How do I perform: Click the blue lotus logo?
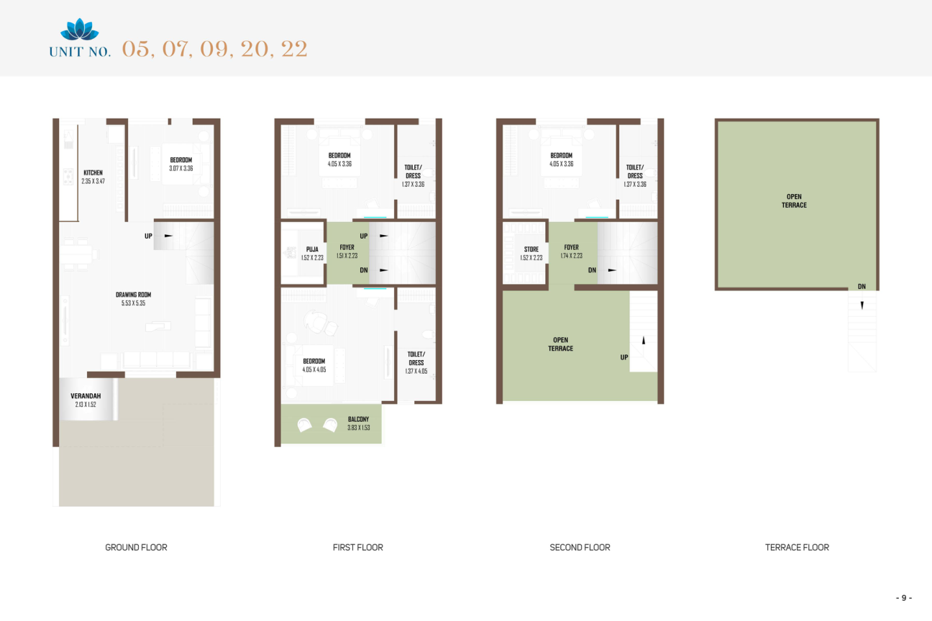coord(80,29)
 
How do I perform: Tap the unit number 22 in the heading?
coord(295,49)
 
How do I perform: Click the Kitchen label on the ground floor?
coord(93,172)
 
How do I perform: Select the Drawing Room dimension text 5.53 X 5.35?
coord(133,303)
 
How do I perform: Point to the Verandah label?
coord(86,396)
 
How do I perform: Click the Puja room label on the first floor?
coord(312,249)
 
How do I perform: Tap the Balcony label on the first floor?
coord(358,419)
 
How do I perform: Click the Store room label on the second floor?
coord(531,249)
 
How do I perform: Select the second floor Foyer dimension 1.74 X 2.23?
coord(571,256)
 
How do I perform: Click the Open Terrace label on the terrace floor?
coord(794,201)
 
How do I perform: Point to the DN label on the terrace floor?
coord(862,286)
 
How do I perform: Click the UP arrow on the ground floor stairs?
coord(168,236)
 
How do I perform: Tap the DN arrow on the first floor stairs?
coord(383,270)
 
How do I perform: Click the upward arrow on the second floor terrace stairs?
coord(644,340)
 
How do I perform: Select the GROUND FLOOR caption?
coord(136,548)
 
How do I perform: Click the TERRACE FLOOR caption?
coord(797,548)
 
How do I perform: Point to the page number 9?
coord(904,598)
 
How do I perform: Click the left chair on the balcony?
coord(304,425)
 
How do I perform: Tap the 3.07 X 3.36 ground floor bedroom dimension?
coord(181,168)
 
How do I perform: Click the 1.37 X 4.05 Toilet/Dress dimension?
coord(416,371)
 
